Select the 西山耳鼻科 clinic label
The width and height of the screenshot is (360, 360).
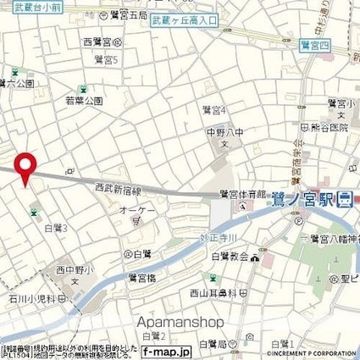pyautogui.click(x=197, y=293)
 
